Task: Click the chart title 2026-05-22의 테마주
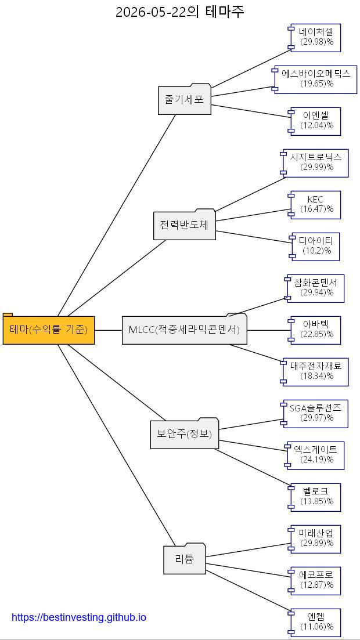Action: (x=180, y=12)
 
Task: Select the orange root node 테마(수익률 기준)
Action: (x=49, y=328)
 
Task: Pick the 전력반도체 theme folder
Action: (x=184, y=224)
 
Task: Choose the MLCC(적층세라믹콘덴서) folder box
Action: (x=185, y=329)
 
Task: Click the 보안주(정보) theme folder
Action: (x=184, y=433)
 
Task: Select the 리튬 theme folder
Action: (x=184, y=559)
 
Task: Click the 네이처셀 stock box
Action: (x=314, y=38)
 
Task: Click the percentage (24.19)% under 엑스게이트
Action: (x=316, y=460)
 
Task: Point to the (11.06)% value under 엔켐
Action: (x=316, y=627)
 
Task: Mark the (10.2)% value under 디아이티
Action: (x=316, y=251)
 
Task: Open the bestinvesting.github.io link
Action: (x=79, y=617)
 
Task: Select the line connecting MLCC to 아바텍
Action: (x=269, y=330)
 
